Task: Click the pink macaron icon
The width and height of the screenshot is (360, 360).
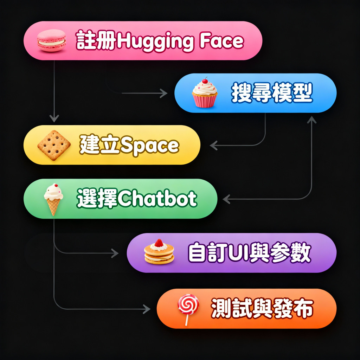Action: coord(51,41)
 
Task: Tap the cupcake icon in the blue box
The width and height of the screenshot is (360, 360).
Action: coord(205,93)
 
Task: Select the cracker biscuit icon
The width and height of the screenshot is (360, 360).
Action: coord(54,145)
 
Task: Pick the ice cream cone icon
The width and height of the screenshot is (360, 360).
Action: coord(53,199)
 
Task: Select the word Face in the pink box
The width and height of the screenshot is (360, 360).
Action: coord(221,41)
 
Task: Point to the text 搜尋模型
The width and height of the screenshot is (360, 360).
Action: coord(271,93)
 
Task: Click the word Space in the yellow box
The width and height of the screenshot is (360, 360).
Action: coord(149,146)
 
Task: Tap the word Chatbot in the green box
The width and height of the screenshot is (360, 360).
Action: coord(157,199)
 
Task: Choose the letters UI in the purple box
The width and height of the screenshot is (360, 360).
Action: coord(240,252)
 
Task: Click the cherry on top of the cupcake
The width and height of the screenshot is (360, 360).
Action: coord(205,80)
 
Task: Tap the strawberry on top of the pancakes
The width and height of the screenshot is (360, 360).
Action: coord(159,242)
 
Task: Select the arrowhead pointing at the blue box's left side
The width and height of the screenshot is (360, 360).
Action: coord(164,93)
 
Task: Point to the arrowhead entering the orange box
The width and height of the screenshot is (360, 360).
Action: coord(147,309)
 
